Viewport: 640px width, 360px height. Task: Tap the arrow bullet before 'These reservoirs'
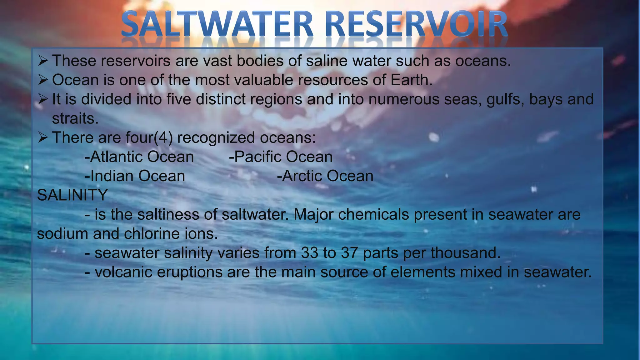pos(43,61)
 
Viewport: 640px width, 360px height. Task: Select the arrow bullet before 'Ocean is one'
pos(43,80)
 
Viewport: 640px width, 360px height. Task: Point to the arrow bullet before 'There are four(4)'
pos(43,137)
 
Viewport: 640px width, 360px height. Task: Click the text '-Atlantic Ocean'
pos(139,157)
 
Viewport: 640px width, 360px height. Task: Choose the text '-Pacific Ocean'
pos(281,157)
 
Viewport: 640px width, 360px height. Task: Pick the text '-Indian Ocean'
pos(135,176)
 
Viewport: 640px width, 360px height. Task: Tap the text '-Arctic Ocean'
pos(325,176)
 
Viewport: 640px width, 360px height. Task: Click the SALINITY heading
pos(72,195)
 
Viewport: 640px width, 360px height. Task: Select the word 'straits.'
pos(75,119)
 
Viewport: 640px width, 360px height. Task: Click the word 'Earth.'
pos(412,80)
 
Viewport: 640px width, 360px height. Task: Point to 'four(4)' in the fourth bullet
pos(149,138)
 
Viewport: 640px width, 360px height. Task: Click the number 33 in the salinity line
pos(309,253)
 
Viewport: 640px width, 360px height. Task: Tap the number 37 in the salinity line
pos(349,253)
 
